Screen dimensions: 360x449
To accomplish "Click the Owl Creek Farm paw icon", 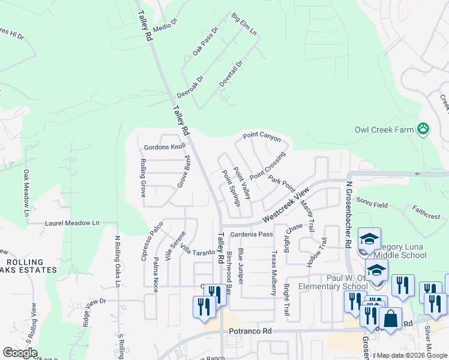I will pyautogui.click(x=424, y=128).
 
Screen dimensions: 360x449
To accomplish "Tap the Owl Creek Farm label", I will pyautogui.click(x=384, y=129).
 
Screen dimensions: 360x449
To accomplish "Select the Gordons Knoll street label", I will pyautogui.click(x=164, y=147).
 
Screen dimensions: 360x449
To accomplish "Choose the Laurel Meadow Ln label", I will pyautogui.click(x=72, y=223).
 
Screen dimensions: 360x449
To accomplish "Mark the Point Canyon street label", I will pyautogui.click(x=262, y=137).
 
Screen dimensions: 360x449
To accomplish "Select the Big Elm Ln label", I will pyautogui.click(x=244, y=25).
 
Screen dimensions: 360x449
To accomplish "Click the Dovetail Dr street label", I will pyautogui.click(x=231, y=73).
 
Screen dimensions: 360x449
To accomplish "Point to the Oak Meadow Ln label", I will pyautogui.click(x=26, y=193).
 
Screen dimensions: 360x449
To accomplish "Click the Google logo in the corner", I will pyautogui.click(x=20, y=353).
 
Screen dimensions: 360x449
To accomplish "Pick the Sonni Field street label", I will pyautogui.click(x=369, y=200).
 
